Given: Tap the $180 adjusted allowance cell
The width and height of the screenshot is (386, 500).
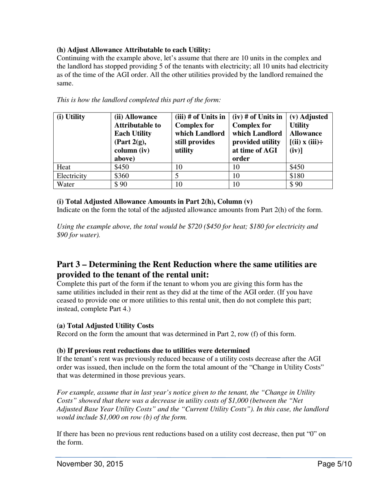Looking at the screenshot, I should click(x=297, y=176).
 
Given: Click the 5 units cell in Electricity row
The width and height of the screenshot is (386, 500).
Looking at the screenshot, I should click(x=177, y=176).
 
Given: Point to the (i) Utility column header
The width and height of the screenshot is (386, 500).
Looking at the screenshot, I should click(x=71, y=117).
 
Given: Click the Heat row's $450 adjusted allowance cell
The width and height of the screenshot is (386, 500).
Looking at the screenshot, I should click(x=297, y=167).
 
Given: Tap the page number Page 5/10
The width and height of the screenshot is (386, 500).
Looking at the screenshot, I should click(x=335, y=464).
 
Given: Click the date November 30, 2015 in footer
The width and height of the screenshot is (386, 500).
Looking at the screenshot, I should click(x=90, y=464).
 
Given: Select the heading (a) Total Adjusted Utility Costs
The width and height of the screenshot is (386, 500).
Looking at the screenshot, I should click(x=105, y=326).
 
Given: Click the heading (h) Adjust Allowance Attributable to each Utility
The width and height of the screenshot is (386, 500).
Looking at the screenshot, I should click(x=133, y=50).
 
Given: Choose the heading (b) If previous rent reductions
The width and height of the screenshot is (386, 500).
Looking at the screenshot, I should click(x=153, y=350).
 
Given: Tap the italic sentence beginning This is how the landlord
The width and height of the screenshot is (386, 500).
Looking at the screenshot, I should click(x=139, y=100).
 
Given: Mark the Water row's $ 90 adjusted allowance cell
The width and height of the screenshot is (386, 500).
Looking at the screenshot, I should click(x=296, y=184).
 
